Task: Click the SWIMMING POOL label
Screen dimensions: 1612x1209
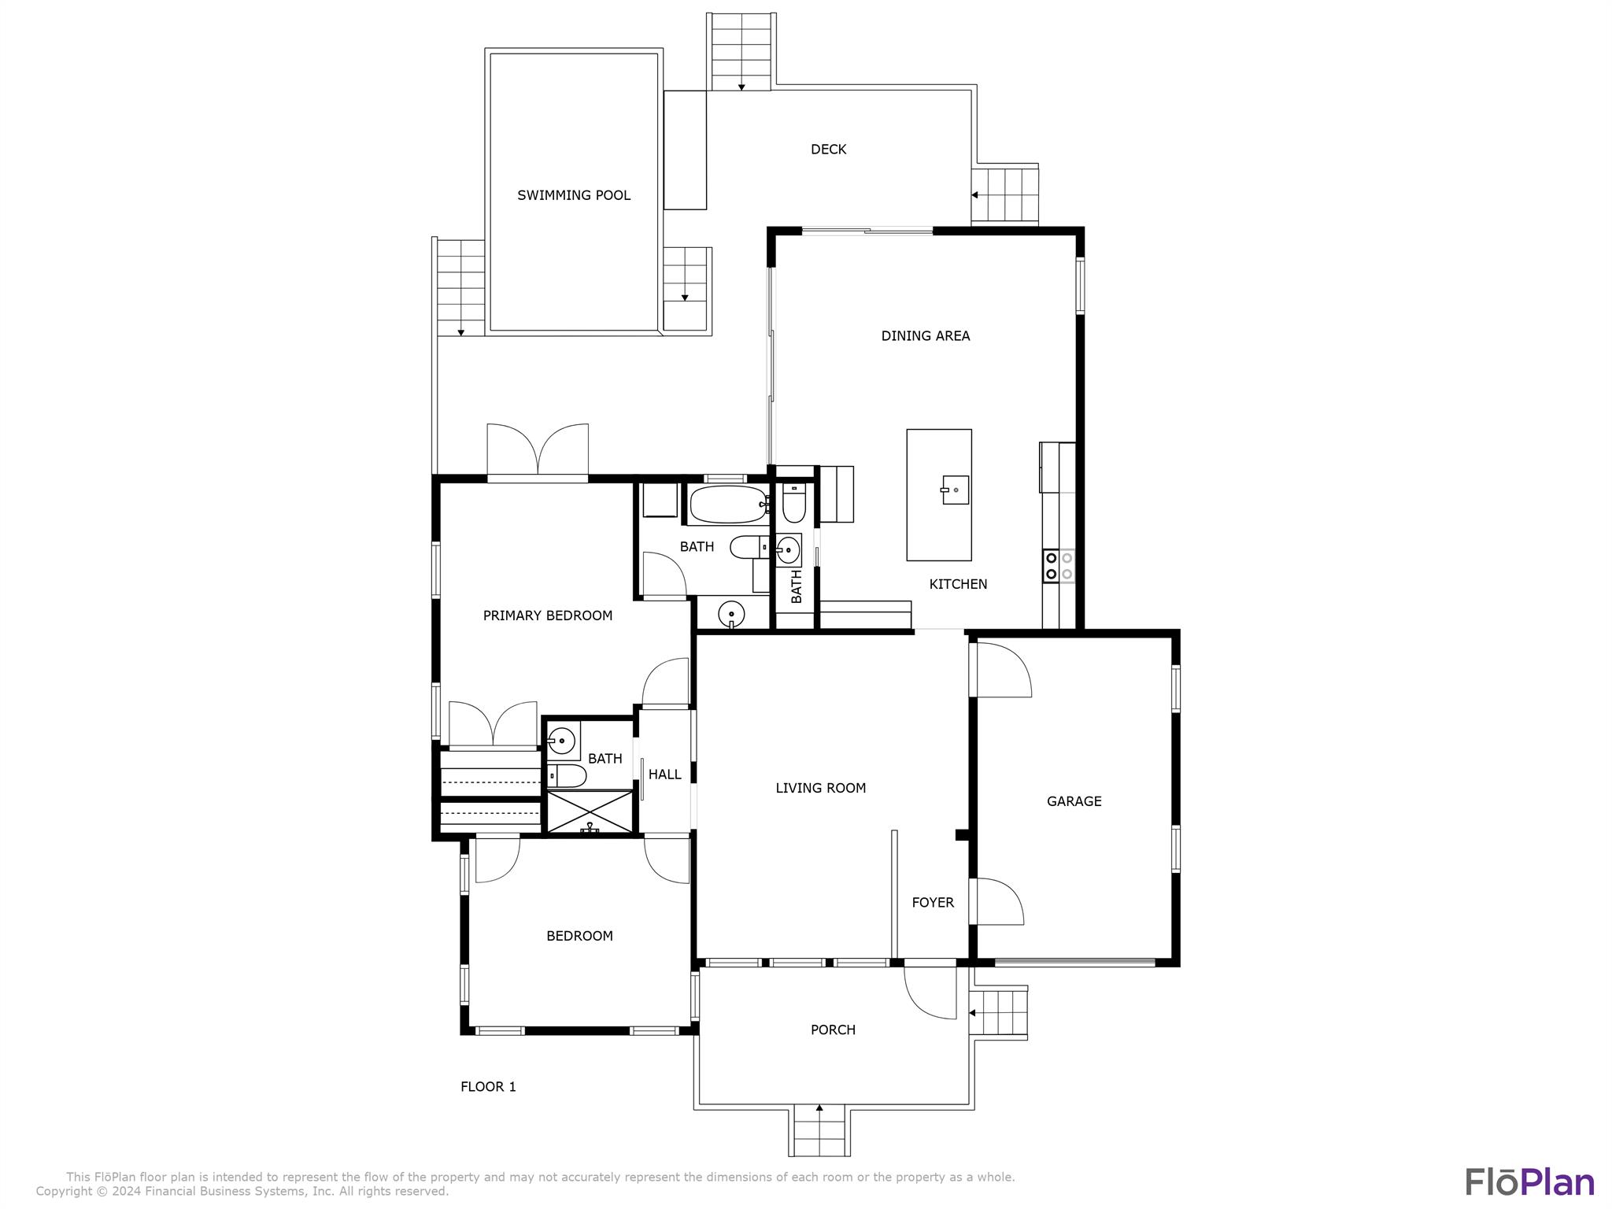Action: [574, 195]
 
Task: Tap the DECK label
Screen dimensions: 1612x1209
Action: [829, 150]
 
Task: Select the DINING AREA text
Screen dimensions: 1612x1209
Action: [926, 336]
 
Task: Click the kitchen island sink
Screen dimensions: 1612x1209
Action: [955, 490]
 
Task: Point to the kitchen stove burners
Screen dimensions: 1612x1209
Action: [1059, 565]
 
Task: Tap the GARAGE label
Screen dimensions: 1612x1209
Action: [1074, 801]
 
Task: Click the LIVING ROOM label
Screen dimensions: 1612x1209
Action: [821, 788]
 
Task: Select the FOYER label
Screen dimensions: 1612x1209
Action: [933, 903]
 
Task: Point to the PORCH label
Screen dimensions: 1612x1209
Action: [833, 1030]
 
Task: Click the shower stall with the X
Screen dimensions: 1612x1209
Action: [590, 812]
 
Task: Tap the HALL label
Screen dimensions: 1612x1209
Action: [665, 775]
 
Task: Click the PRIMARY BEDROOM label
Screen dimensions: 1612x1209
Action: [548, 616]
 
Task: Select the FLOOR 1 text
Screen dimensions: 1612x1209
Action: [488, 1087]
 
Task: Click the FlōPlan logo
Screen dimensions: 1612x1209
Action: [1529, 1182]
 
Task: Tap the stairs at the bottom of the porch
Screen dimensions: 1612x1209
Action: [819, 1130]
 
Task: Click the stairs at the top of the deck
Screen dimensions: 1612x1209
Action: [741, 52]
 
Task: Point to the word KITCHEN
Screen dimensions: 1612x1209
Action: [958, 584]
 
